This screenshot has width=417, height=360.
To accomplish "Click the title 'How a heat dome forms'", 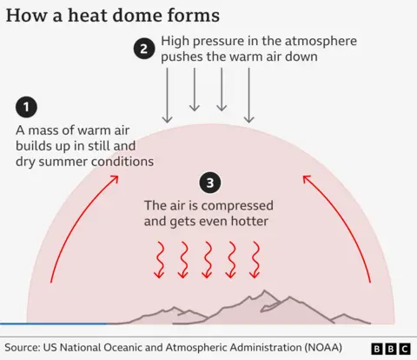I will coord(113,15).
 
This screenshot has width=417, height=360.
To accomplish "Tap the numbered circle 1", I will coord(27,107).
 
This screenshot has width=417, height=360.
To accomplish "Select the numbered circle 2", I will coord(144,49).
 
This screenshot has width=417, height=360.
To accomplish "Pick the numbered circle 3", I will coord(208,183).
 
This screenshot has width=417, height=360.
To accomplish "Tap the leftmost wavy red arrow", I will coord(158,258).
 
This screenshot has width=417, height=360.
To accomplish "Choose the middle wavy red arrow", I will coord(207,258).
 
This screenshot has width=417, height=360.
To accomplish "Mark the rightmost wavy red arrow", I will coord(255,258).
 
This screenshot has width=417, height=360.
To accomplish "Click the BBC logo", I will coord(391,349).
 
